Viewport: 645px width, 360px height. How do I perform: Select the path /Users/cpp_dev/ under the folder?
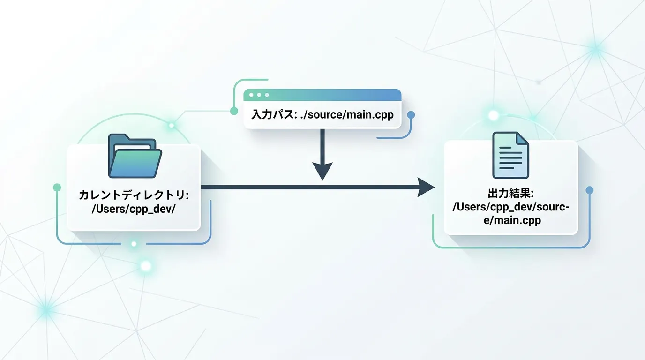[134, 209]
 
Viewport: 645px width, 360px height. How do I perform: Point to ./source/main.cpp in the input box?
[346, 115]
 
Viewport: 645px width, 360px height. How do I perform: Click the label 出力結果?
[511, 193]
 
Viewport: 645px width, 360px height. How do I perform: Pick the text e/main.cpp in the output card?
[510, 220]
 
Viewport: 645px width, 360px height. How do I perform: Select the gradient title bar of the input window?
[328, 95]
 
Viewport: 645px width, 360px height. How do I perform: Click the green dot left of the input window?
[234, 111]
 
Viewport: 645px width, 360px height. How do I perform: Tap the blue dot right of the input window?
[411, 115]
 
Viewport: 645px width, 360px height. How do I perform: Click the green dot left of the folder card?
[57, 187]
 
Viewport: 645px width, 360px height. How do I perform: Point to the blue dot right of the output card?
[590, 190]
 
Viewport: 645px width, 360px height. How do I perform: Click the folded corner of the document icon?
[523, 138]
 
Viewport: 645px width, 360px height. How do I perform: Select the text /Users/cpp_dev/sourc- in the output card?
[510, 207]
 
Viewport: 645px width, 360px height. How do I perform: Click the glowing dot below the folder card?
[134, 244]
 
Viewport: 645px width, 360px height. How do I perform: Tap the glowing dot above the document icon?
[493, 115]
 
